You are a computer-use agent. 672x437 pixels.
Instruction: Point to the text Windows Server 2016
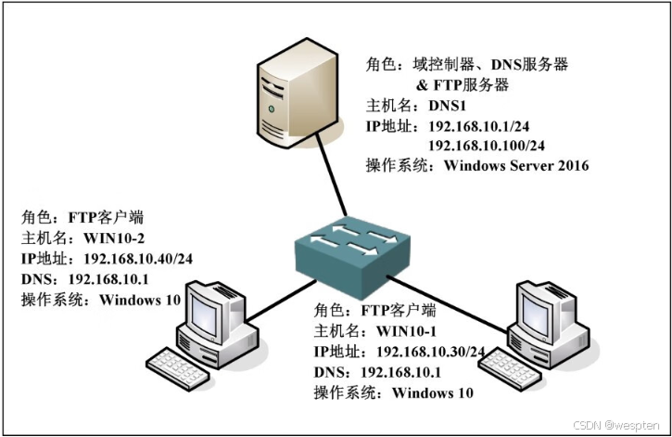tap(516, 166)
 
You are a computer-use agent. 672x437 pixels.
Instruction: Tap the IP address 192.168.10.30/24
tap(431, 352)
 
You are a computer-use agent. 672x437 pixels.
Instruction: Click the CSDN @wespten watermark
tap(616, 424)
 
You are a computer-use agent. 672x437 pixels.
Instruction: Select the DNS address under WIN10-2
tap(102, 279)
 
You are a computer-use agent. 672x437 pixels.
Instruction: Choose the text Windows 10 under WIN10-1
tap(433, 392)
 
